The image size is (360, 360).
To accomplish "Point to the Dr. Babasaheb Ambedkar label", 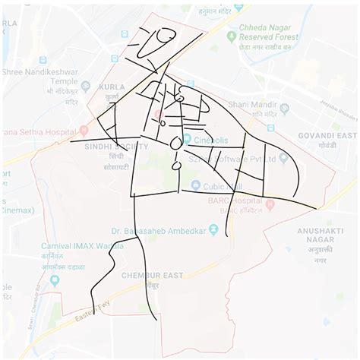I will click(160, 230).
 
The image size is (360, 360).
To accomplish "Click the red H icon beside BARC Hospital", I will click(270, 204).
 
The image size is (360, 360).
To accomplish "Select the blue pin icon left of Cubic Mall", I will click(195, 185).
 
